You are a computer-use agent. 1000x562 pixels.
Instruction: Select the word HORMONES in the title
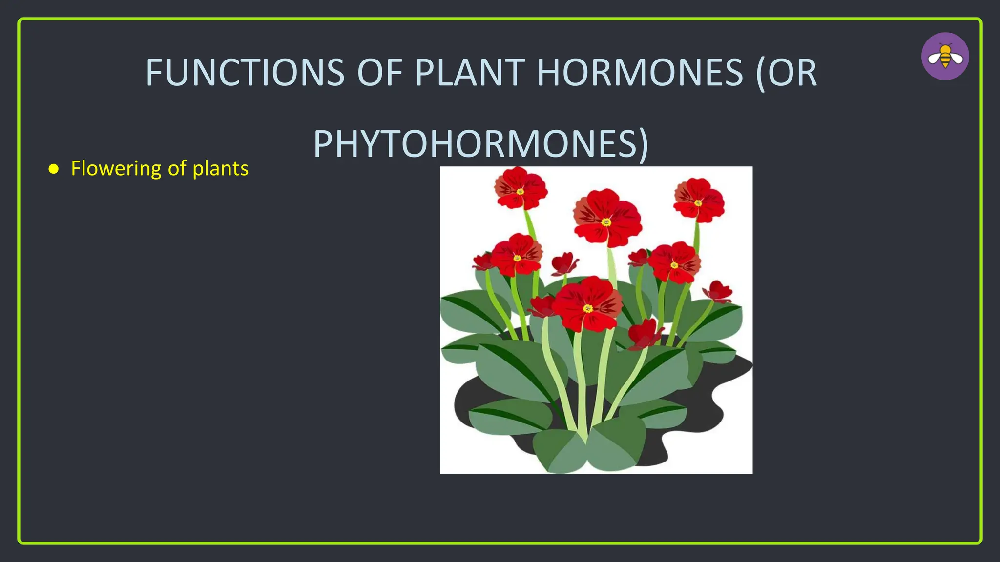[640, 73]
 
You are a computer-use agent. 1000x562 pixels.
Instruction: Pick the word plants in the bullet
[221, 169]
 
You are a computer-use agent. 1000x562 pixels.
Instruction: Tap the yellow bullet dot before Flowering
[54, 169]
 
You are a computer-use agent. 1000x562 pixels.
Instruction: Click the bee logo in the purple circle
[945, 56]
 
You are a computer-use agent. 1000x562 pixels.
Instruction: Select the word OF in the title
[380, 73]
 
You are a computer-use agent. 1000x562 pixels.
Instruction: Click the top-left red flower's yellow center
[520, 192]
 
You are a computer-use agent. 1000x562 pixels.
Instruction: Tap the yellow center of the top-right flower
[699, 203]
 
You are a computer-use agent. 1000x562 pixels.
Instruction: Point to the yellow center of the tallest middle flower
[606, 222]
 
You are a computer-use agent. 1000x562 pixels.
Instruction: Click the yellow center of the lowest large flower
[588, 308]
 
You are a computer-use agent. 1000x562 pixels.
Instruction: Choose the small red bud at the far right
[717, 291]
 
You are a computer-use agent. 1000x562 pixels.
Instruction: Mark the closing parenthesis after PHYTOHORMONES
[644, 144]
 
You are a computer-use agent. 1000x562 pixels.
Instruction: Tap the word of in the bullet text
[177, 169]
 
